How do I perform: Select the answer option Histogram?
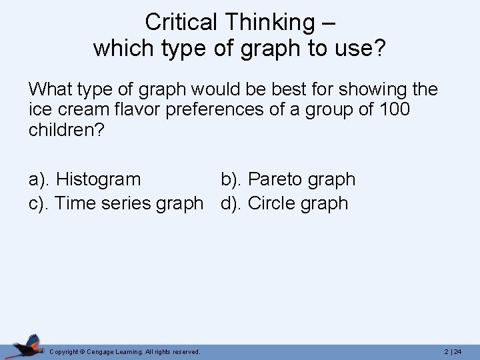pos(99,179)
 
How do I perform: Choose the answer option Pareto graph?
pos(302,179)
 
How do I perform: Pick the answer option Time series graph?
pos(129,203)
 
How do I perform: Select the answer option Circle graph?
pos(298,203)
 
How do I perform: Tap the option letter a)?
pos(40,179)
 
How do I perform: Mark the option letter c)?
pos(39,203)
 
